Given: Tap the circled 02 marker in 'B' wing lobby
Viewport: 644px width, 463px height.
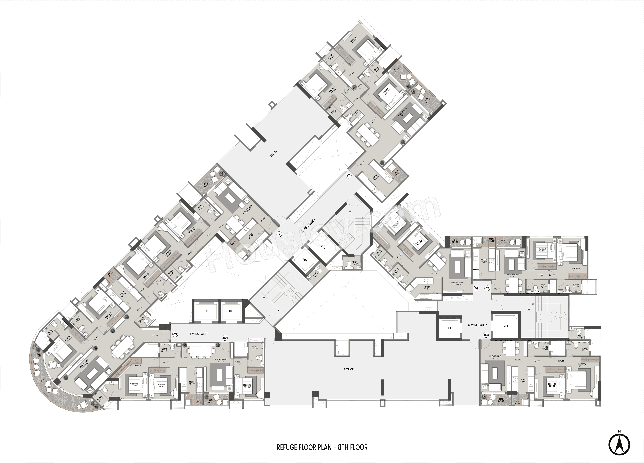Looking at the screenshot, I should point(225,338).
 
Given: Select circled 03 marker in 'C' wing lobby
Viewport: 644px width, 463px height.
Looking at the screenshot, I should point(486,335).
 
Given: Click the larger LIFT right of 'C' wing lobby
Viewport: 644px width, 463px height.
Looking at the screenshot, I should point(506,326).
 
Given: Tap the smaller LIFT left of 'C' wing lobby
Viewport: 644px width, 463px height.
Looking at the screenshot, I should point(449,328).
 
